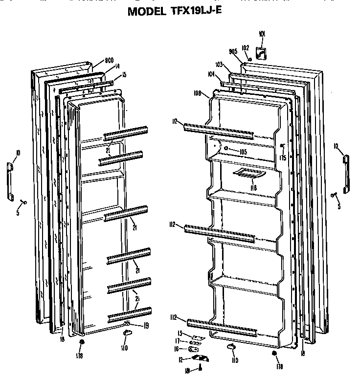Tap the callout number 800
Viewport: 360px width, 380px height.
click(110, 62)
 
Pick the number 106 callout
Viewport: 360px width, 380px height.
click(198, 92)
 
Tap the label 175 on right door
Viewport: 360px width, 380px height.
click(283, 158)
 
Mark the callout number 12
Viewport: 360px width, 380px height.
click(180, 360)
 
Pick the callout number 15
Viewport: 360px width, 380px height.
click(124, 75)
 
